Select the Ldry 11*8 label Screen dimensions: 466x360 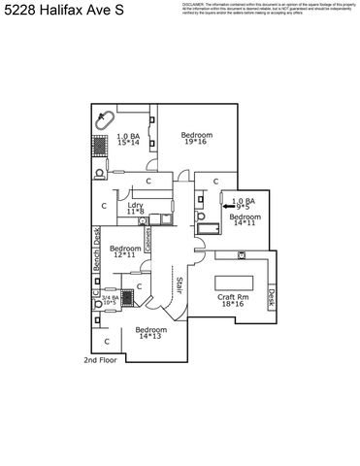click(136, 209)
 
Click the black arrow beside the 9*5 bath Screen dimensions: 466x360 click(228, 207)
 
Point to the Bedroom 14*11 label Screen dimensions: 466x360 click(244, 220)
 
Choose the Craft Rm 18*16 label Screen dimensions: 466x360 click(231, 300)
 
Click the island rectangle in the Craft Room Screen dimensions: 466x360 click(231, 282)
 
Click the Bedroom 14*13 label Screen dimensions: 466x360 click(150, 333)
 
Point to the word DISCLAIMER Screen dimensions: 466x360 click(195, 4)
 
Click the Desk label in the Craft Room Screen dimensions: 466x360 click(272, 296)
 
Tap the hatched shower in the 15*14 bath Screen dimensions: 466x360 click(101, 146)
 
